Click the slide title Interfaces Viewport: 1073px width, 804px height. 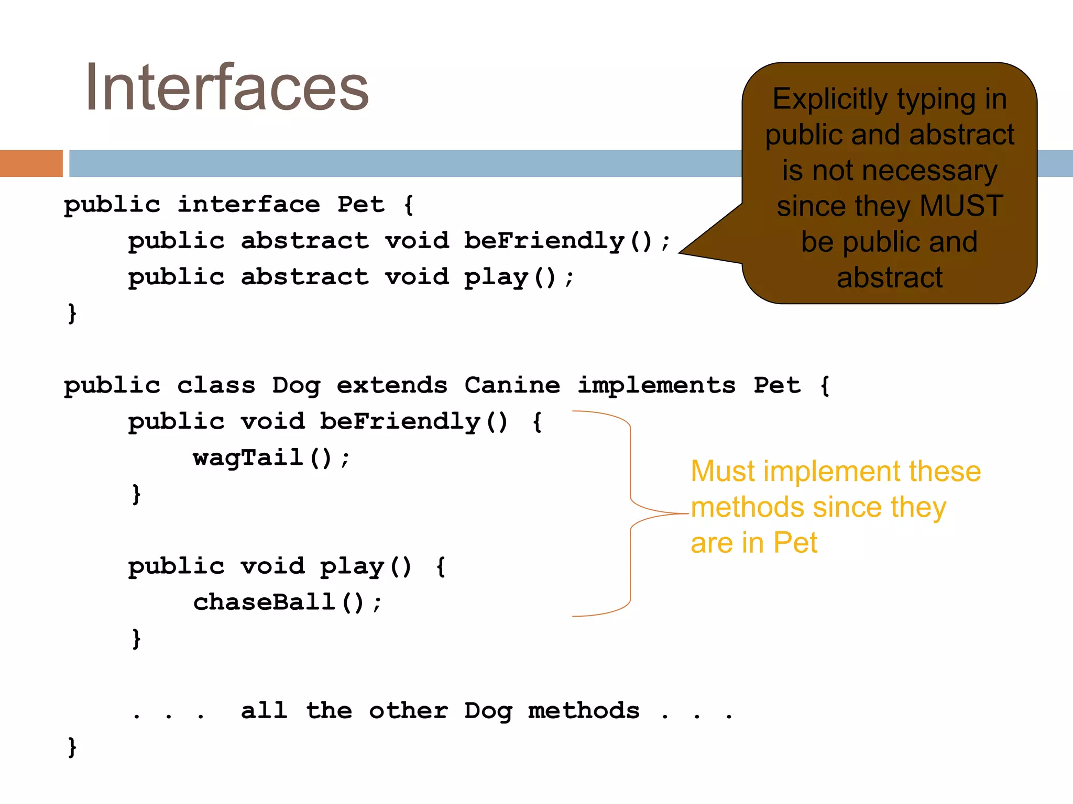[227, 88]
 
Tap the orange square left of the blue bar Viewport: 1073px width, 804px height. [31, 163]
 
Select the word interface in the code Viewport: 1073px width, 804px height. [248, 205]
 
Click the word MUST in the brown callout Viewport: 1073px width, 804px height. [961, 206]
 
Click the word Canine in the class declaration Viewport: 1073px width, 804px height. [512, 386]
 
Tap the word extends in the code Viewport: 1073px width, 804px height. [392, 386]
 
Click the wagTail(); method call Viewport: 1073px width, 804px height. [271, 458]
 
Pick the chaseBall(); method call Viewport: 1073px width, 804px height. [288, 602]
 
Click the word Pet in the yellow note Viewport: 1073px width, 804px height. [795, 543]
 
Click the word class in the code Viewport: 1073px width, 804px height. [216, 386]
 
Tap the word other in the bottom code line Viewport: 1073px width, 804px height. [408, 711]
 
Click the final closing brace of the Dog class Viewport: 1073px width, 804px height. [72, 747]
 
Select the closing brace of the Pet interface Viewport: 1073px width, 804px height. [72, 314]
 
